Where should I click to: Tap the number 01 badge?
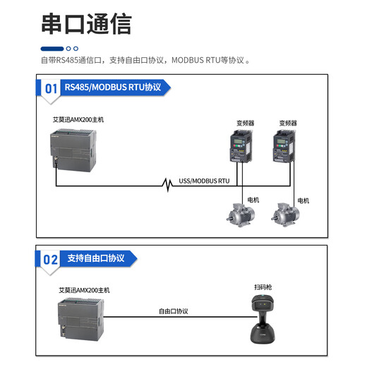point(51,89)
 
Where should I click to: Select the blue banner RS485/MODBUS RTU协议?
point(114,88)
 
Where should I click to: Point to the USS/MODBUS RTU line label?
point(204,181)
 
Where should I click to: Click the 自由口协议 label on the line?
point(173,311)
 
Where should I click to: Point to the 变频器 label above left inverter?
point(245,123)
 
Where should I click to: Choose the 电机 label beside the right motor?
point(303,200)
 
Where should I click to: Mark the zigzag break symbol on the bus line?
point(167,186)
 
